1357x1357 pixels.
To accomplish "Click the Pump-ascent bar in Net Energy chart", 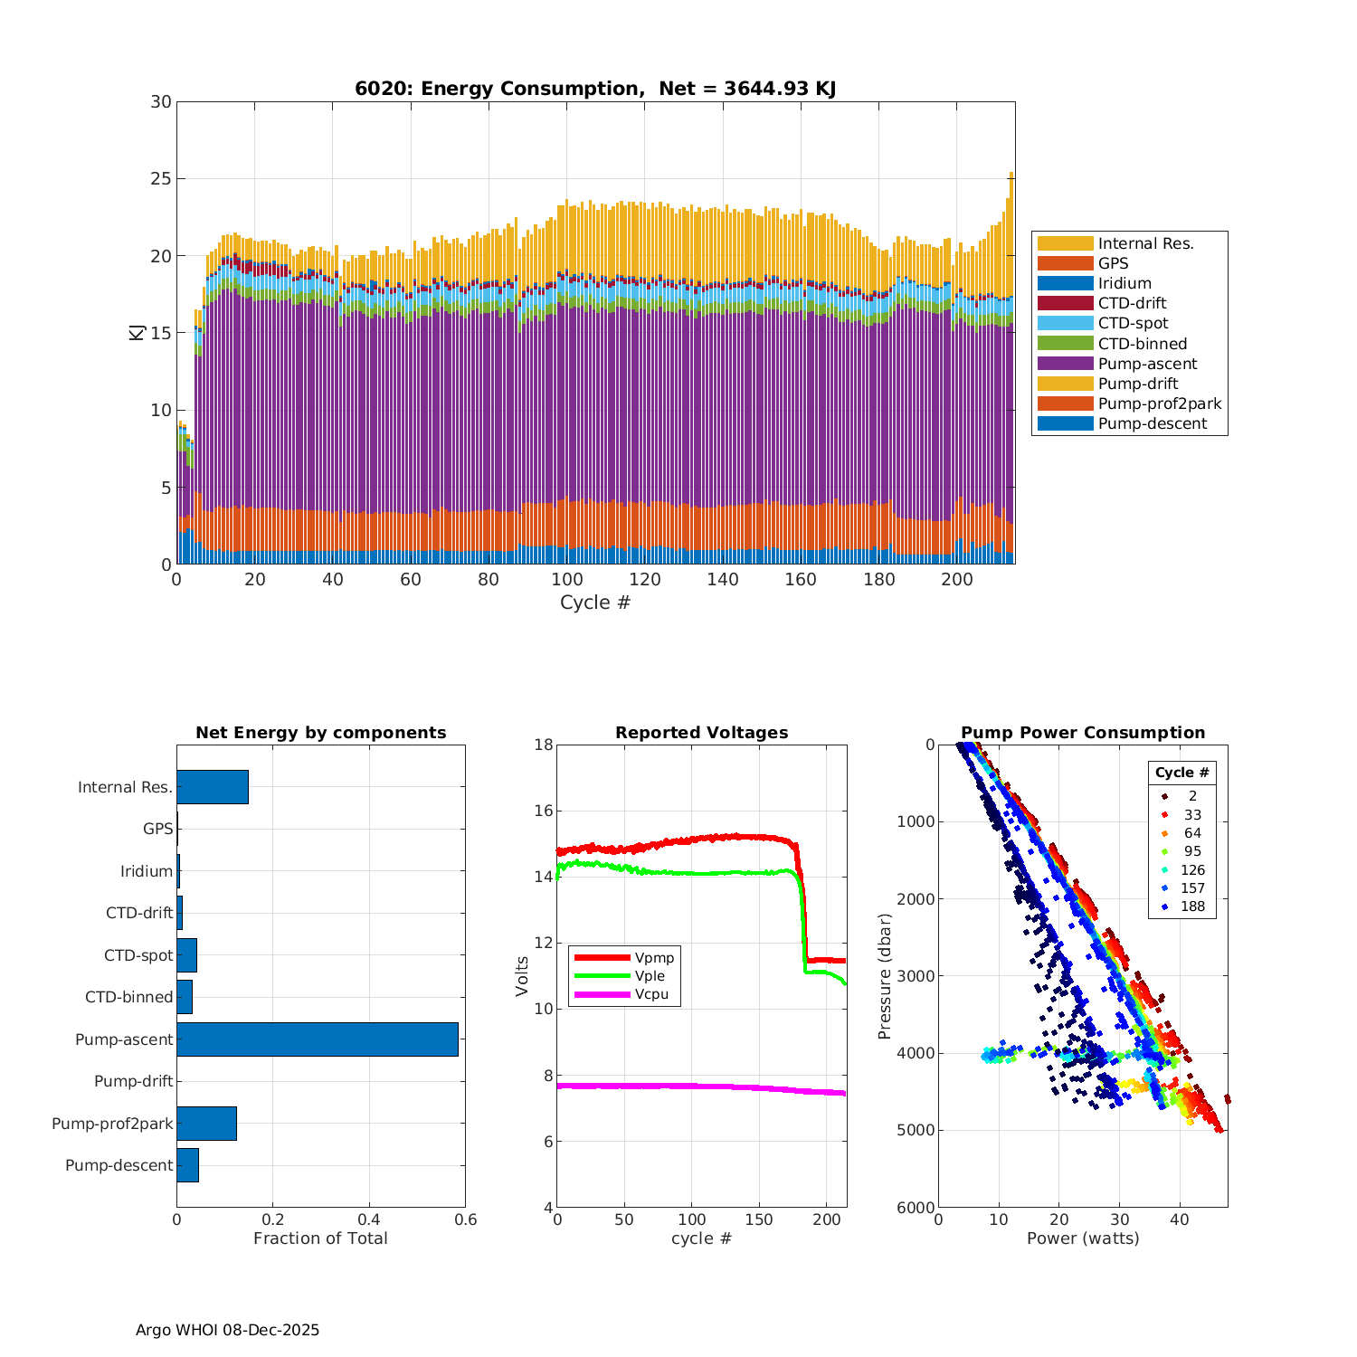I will pos(317,1039).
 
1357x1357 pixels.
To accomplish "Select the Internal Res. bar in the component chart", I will pos(212,787).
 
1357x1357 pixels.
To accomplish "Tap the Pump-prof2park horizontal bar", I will pos(206,1124).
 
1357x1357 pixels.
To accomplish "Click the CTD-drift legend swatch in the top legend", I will pos(1065,303).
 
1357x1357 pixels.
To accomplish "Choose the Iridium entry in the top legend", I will pos(1125,283).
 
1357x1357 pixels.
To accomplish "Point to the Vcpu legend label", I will pos(651,994).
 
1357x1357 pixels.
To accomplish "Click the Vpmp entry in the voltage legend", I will pos(654,958).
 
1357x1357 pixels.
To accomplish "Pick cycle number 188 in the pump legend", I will pos(1192,906).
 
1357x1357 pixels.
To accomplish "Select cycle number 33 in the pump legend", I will pos(1192,815).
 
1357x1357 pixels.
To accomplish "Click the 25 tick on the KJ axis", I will pos(161,179).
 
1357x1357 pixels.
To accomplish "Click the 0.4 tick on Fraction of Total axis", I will pos(369,1219).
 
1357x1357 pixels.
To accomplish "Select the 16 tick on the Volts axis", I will pos(542,811).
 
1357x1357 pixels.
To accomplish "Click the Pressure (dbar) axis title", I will pos(886,976).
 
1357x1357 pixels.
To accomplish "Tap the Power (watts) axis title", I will pos(1083,1238).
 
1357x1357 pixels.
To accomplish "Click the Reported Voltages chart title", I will pos(701,733).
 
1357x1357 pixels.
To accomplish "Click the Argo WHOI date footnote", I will pos(227,1330).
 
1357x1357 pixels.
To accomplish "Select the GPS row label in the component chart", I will pos(157,829).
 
